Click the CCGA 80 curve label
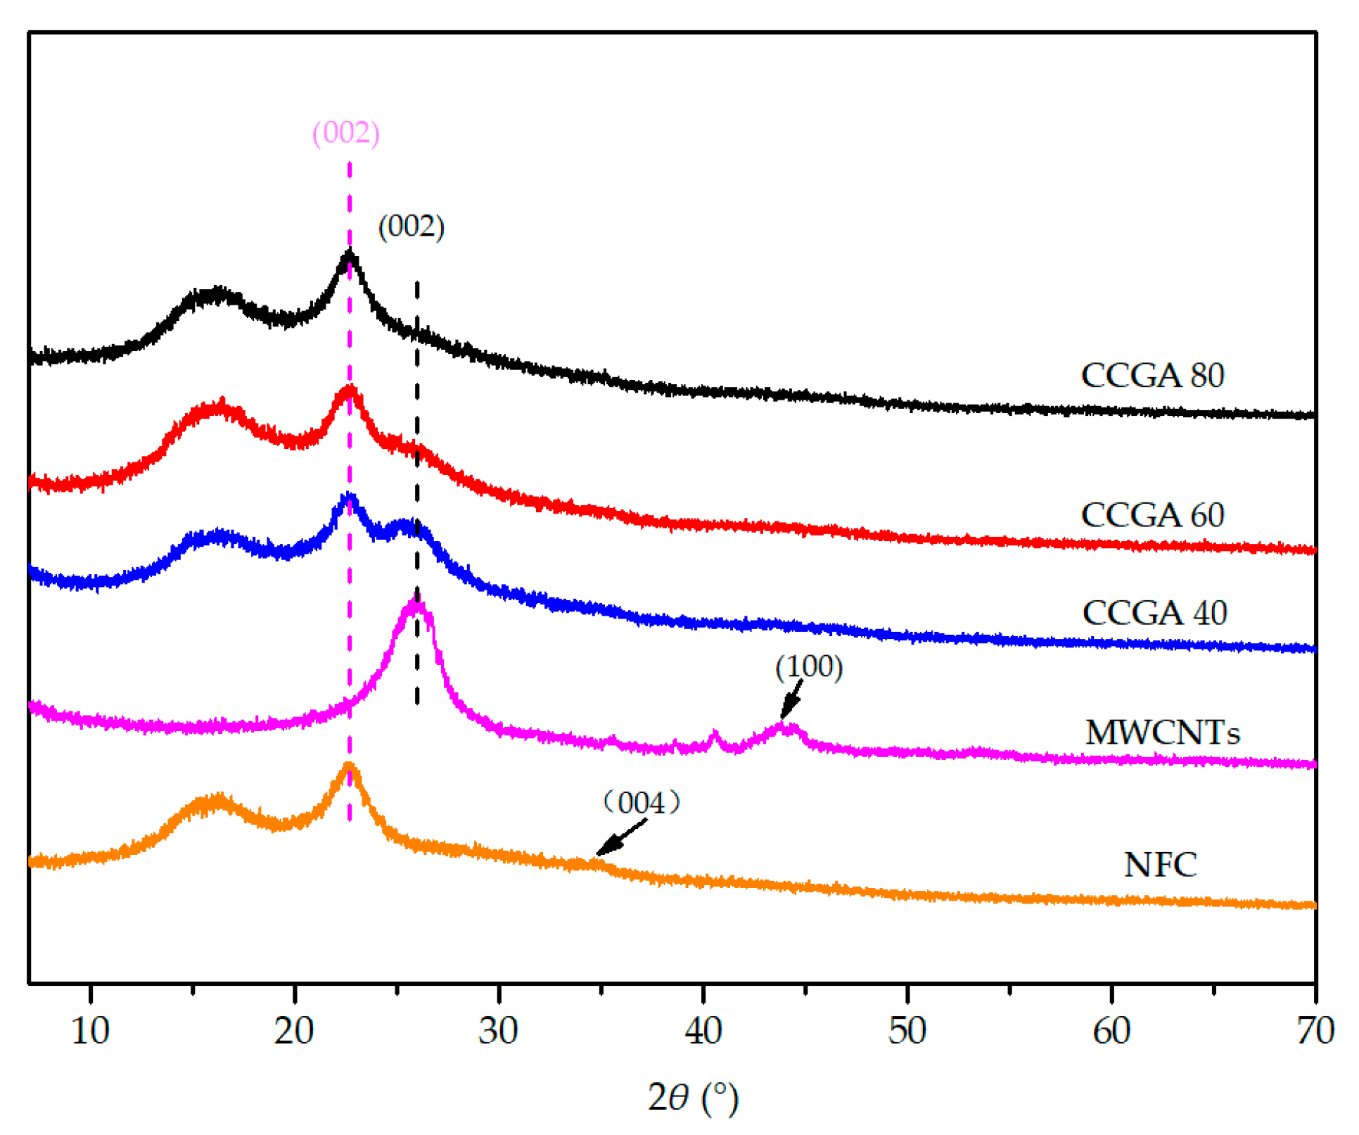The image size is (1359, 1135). (1152, 375)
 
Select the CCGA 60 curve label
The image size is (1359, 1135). (1152, 515)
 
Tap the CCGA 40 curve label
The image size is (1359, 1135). (1154, 613)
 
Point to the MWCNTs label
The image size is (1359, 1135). (1162, 733)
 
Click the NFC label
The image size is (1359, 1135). (1160, 865)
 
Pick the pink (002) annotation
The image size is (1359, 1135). (345, 132)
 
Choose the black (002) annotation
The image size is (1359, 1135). (411, 227)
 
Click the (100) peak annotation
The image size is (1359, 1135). (809, 666)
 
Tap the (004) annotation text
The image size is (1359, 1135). (641, 802)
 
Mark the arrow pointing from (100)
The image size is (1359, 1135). (792, 700)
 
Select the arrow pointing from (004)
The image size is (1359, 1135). (621, 837)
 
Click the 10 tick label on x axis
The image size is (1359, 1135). (90, 1032)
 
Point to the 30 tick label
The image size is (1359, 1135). (498, 1032)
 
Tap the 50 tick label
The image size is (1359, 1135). (907, 1032)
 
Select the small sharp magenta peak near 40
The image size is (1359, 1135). (715, 736)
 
